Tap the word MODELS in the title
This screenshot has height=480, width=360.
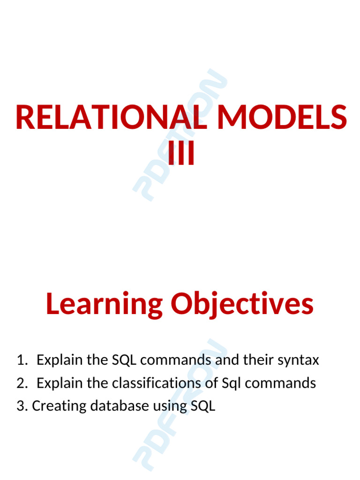pyautogui.click(x=282, y=118)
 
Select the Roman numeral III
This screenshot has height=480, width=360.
pyautogui.click(x=180, y=154)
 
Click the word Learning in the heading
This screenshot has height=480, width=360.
pyautogui.click(x=104, y=304)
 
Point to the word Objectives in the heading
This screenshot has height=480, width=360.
pyautogui.click(x=242, y=304)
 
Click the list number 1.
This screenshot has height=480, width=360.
pyautogui.click(x=22, y=360)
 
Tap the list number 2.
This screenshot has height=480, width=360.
pyautogui.click(x=22, y=383)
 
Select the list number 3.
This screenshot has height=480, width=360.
pyautogui.click(x=22, y=406)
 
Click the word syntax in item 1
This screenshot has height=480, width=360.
pyautogui.click(x=298, y=360)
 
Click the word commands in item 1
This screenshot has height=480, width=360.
pyautogui.click(x=176, y=360)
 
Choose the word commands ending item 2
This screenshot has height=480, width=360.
pyautogui.click(x=280, y=383)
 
